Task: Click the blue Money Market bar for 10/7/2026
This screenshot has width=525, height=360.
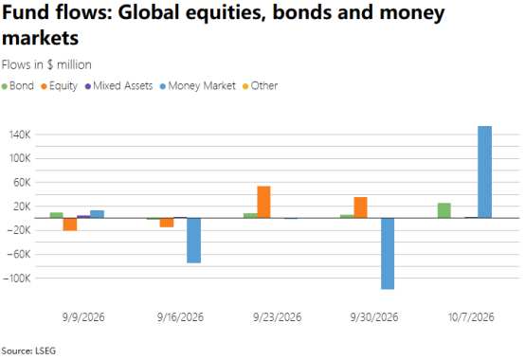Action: tap(484, 172)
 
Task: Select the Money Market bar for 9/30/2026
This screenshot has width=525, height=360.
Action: tap(388, 254)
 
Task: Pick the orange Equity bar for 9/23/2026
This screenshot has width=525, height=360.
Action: tap(263, 202)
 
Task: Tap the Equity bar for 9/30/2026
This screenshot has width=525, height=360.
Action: tap(361, 207)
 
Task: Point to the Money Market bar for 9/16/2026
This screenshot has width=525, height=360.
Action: tap(194, 241)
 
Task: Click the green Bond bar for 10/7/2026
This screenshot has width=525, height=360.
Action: tap(444, 210)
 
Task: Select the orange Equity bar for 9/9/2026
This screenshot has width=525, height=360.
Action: tap(70, 225)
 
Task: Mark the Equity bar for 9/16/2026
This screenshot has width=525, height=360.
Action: tap(167, 223)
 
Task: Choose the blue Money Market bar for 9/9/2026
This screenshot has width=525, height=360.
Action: tap(97, 214)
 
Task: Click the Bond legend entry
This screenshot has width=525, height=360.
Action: tap(18, 86)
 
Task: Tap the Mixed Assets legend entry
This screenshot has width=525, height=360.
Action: tap(119, 86)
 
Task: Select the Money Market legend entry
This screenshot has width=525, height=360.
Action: tap(198, 86)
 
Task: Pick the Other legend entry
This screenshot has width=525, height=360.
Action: tap(261, 86)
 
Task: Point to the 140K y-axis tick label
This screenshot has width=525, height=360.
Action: tap(20, 135)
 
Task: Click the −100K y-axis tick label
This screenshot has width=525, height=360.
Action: tap(16, 278)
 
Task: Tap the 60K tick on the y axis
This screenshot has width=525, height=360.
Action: tap(23, 183)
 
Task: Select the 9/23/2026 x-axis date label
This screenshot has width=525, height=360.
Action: tap(278, 316)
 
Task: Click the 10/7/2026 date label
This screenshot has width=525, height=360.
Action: tap(471, 316)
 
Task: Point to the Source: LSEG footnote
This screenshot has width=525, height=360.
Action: tap(28, 351)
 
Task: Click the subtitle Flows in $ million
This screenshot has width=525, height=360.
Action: tap(46, 64)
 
